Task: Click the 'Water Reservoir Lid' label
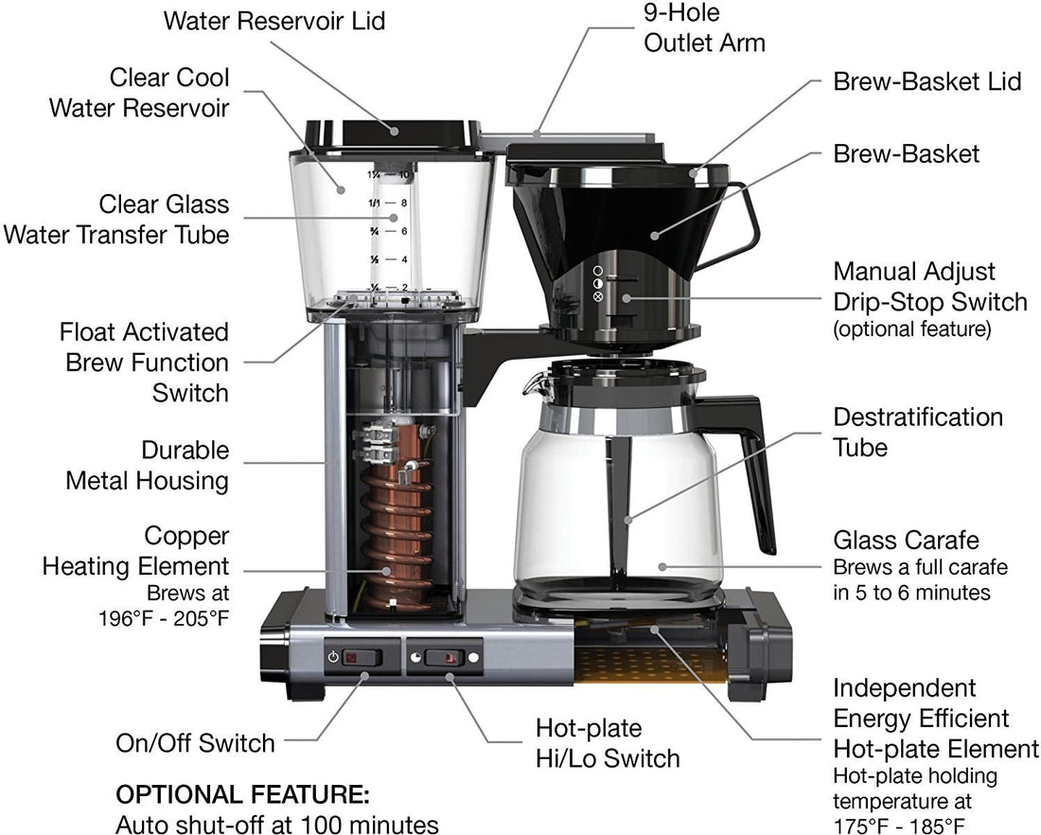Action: pyautogui.click(x=274, y=21)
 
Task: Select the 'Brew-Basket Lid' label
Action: pyautogui.click(x=926, y=81)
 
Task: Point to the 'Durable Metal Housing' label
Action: pyautogui.click(x=147, y=465)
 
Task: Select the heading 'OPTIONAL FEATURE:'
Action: pyautogui.click(x=241, y=793)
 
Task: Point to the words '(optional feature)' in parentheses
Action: pyautogui.click(x=911, y=329)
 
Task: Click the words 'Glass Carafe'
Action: pyautogui.click(x=906, y=541)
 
